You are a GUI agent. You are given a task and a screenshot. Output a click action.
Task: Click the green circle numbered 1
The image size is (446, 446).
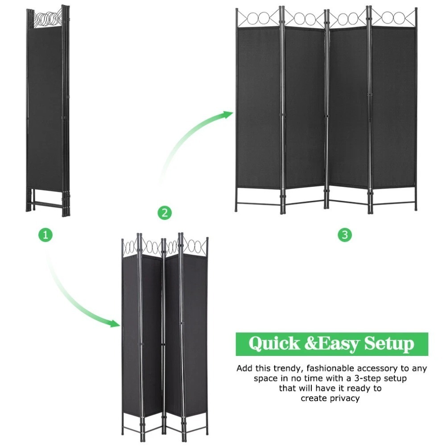[45, 235]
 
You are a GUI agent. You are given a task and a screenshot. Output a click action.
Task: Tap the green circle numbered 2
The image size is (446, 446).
[165, 212]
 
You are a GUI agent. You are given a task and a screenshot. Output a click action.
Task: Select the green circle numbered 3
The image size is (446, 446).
[345, 235]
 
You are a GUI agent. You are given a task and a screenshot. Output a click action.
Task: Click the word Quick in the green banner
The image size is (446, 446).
[274, 343]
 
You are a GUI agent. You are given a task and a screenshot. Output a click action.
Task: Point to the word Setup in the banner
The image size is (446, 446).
[389, 344]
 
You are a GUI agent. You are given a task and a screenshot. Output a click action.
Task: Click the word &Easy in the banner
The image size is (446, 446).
[332, 344]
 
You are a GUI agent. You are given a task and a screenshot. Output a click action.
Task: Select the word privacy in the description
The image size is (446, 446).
[344, 398]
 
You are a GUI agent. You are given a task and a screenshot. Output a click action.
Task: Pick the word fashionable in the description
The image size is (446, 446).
[330, 368]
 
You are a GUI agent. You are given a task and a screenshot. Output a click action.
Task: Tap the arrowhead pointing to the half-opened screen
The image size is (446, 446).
[114, 323]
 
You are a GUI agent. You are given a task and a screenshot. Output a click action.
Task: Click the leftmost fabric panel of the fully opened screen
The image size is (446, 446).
[259, 107]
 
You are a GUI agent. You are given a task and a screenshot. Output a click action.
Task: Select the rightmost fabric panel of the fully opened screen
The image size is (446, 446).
[393, 107]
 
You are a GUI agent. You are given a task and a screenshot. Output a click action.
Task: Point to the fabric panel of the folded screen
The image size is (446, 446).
[45, 110]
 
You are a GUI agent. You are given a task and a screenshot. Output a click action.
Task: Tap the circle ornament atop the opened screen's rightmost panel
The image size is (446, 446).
[393, 18]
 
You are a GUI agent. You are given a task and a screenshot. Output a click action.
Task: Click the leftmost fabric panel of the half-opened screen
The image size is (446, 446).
[131, 336]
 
